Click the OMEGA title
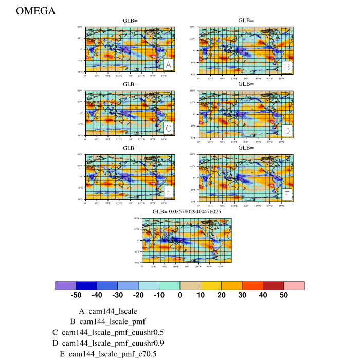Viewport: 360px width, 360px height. click(x=35, y=11)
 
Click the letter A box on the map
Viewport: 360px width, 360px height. click(x=168, y=65)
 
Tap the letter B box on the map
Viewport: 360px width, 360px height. click(x=287, y=67)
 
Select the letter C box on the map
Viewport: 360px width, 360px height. click(x=168, y=128)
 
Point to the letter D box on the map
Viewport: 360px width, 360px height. click(x=287, y=131)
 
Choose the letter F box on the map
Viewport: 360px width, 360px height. click(x=287, y=194)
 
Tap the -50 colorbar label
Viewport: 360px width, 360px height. click(x=76, y=296)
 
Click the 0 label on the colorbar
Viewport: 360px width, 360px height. click(x=180, y=296)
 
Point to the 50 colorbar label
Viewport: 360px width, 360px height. click(x=284, y=296)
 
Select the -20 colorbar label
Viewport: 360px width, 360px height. click(x=138, y=296)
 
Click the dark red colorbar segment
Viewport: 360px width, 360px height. click(x=273, y=285)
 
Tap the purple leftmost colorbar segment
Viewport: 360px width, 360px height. click(x=65, y=285)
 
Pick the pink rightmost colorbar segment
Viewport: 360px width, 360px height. click(x=294, y=285)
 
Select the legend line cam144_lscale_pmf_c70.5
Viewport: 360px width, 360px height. click(x=108, y=354)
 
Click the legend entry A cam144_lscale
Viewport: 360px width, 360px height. click(x=107, y=311)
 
